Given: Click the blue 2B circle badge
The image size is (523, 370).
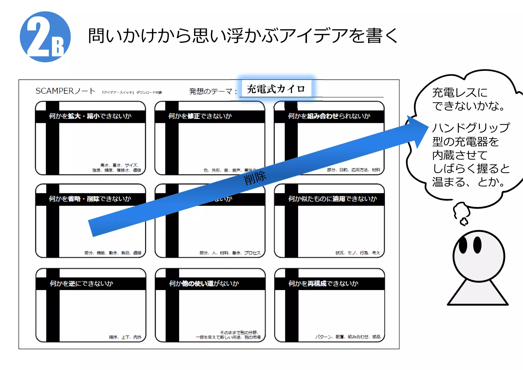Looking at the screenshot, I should click(x=45, y=37).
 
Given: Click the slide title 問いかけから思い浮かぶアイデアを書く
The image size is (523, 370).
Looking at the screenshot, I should click(x=243, y=36).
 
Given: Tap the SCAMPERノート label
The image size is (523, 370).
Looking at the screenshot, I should click(x=65, y=91).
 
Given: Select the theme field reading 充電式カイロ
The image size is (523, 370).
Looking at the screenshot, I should click(x=276, y=89).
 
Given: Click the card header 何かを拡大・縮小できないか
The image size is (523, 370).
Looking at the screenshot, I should click(x=90, y=116).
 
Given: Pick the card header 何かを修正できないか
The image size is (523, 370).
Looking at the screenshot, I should click(x=200, y=116).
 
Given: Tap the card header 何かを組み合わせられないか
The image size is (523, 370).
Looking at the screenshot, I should click(x=329, y=116).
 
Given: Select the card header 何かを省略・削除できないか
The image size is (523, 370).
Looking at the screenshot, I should click(x=90, y=199).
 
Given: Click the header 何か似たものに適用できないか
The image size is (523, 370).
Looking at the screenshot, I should click(x=332, y=199).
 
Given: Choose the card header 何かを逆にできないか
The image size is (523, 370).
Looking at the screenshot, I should click(x=81, y=283).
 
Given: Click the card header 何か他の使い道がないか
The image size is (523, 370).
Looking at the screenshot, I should click(x=204, y=283).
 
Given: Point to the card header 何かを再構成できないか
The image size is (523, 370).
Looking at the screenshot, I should click(x=323, y=283).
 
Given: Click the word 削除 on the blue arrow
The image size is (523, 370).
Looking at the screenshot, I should click(x=255, y=178).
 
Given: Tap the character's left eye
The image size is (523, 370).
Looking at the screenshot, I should click(x=463, y=245).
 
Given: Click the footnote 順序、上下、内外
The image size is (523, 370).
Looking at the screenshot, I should click(x=125, y=337).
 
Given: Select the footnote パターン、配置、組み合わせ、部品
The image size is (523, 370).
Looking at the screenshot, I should click(x=348, y=337).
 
